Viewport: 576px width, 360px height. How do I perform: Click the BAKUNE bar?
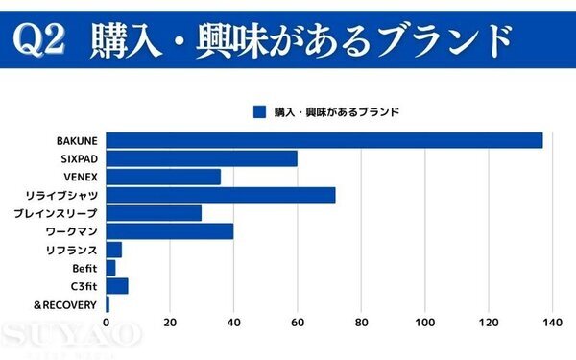[x=324, y=140]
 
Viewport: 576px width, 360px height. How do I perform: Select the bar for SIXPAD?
[x=202, y=158]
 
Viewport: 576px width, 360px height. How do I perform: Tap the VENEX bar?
[x=163, y=177]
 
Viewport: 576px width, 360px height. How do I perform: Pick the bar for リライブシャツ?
[x=221, y=195]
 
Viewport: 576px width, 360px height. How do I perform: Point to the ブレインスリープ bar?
[x=154, y=213]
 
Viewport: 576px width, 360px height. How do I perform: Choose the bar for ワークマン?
[x=169, y=231]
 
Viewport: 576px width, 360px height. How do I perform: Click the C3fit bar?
[x=116, y=286]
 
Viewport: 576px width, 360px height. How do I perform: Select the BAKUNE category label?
[x=78, y=140]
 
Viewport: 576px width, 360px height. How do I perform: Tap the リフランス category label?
[x=72, y=250]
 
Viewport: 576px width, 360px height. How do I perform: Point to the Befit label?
[x=85, y=268]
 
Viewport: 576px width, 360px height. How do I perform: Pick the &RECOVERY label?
[x=65, y=304]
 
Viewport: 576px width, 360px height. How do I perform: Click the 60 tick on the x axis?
[x=297, y=323]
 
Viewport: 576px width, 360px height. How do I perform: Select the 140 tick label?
[x=551, y=323]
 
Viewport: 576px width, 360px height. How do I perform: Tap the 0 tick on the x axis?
[x=106, y=323]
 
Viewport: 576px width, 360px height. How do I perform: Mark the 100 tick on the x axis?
[x=424, y=323]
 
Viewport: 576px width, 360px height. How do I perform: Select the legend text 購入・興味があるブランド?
[x=337, y=111]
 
